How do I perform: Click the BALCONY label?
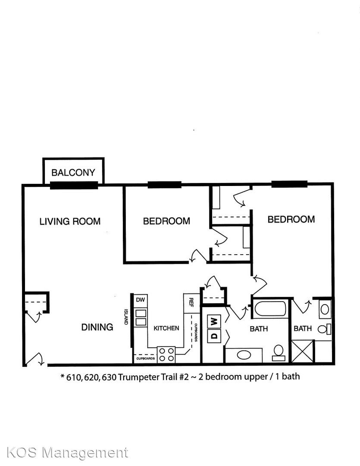click(x=73, y=172)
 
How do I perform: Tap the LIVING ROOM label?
click(x=70, y=221)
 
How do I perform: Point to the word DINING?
click(x=97, y=327)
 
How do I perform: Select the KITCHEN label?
click(x=166, y=328)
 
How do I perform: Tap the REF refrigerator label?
click(x=191, y=302)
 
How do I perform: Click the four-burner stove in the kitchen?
click(x=166, y=355)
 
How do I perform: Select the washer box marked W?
click(x=214, y=321)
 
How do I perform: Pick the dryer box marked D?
click(x=214, y=336)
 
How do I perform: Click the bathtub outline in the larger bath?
click(x=270, y=309)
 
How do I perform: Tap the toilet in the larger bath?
click(x=279, y=353)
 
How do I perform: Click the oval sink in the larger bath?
click(x=244, y=355)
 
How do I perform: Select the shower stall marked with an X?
click(x=302, y=351)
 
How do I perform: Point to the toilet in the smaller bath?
click(x=324, y=329)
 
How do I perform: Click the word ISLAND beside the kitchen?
click(x=126, y=317)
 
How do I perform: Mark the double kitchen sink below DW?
click(x=141, y=318)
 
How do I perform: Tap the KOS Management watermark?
click(x=67, y=453)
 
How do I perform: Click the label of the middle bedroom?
click(x=166, y=221)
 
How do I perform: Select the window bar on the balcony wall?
click(x=74, y=186)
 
